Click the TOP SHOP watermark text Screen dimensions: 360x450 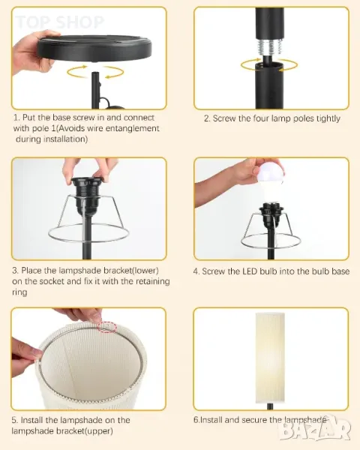click(x=60, y=22)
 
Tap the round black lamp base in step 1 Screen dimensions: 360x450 click(x=94, y=48)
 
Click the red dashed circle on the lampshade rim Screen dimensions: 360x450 click(x=107, y=327)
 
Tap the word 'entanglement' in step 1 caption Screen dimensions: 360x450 click(x=132, y=128)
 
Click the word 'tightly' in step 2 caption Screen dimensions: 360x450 click(x=328, y=118)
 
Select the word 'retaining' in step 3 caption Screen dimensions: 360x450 click(x=153, y=281)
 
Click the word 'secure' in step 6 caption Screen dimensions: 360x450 click(x=255, y=420)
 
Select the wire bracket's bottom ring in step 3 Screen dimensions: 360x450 click(x=88, y=233)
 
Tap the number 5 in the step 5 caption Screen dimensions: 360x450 click(x=14, y=421)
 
